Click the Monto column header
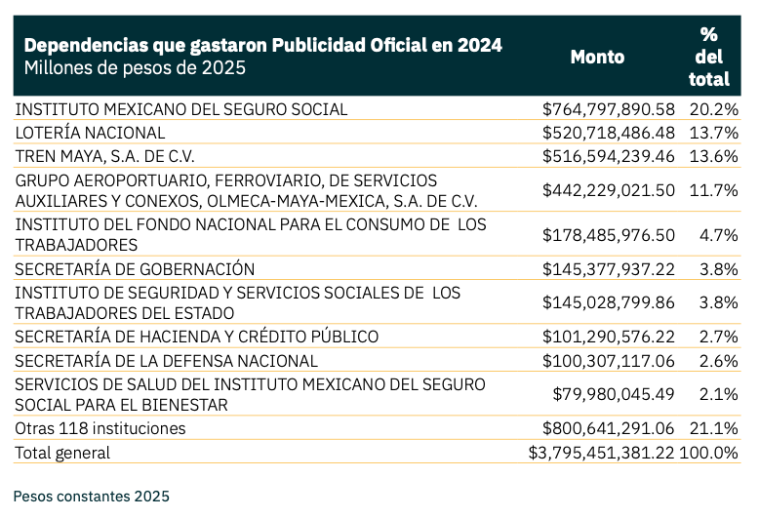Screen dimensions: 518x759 point(597,57)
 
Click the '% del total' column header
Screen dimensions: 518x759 point(708,57)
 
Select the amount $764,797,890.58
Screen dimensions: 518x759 point(609,109)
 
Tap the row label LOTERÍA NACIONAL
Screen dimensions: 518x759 point(91,133)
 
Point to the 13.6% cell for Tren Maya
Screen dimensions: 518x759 point(713,156)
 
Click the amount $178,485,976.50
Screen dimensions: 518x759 point(609,235)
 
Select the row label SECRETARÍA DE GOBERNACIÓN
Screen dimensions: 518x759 point(135,269)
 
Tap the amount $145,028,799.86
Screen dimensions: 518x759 point(609,302)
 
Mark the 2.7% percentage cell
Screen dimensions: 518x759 point(718,338)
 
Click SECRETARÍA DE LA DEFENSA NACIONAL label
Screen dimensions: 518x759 point(166,361)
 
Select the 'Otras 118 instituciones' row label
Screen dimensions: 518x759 point(100,429)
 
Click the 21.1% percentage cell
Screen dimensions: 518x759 point(713,429)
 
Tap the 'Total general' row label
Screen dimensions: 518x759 point(62,453)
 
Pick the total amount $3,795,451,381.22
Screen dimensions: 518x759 point(602,453)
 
